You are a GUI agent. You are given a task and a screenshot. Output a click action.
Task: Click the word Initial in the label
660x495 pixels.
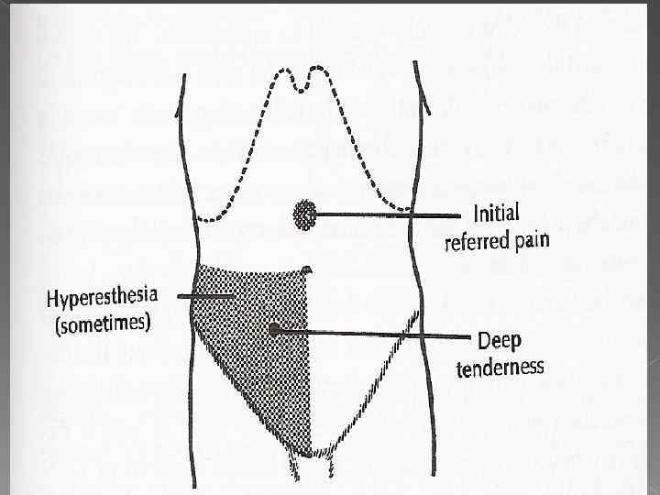[x=496, y=214]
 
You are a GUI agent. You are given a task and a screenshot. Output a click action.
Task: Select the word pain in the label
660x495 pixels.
[x=533, y=240]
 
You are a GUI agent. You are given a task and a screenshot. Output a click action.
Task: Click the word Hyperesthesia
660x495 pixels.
[x=103, y=298]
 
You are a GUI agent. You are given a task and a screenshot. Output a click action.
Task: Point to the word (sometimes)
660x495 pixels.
[x=103, y=324]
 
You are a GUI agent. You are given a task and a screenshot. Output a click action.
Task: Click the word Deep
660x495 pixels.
[x=500, y=342]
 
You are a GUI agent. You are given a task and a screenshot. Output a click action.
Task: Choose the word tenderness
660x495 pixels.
[x=500, y=368]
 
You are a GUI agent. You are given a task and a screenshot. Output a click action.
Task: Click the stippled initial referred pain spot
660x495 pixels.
[x=304, y=215]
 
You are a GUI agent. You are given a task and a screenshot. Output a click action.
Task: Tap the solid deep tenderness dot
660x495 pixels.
[x=274, y=329]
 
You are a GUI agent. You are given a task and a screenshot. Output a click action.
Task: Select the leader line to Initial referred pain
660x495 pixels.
[x=385, y=215]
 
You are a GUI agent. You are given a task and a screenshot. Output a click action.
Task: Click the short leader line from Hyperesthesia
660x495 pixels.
[x=206, y=296]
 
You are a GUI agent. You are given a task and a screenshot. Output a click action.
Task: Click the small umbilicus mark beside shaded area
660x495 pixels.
[x=307, y=268]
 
